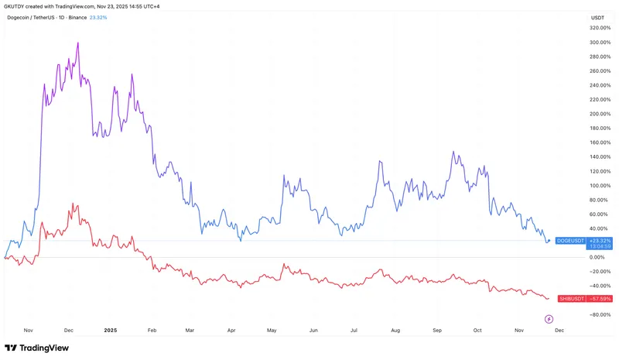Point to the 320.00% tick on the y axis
598,28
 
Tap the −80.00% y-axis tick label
598,314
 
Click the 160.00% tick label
598,142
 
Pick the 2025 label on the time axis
111,329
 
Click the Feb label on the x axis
152,329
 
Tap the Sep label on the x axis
437,329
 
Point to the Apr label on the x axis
231,329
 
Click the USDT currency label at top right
597,17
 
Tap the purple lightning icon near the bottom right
549,318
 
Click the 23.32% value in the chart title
97,17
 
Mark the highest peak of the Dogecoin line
78,43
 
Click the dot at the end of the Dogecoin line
549,241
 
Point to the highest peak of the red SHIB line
72,204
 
